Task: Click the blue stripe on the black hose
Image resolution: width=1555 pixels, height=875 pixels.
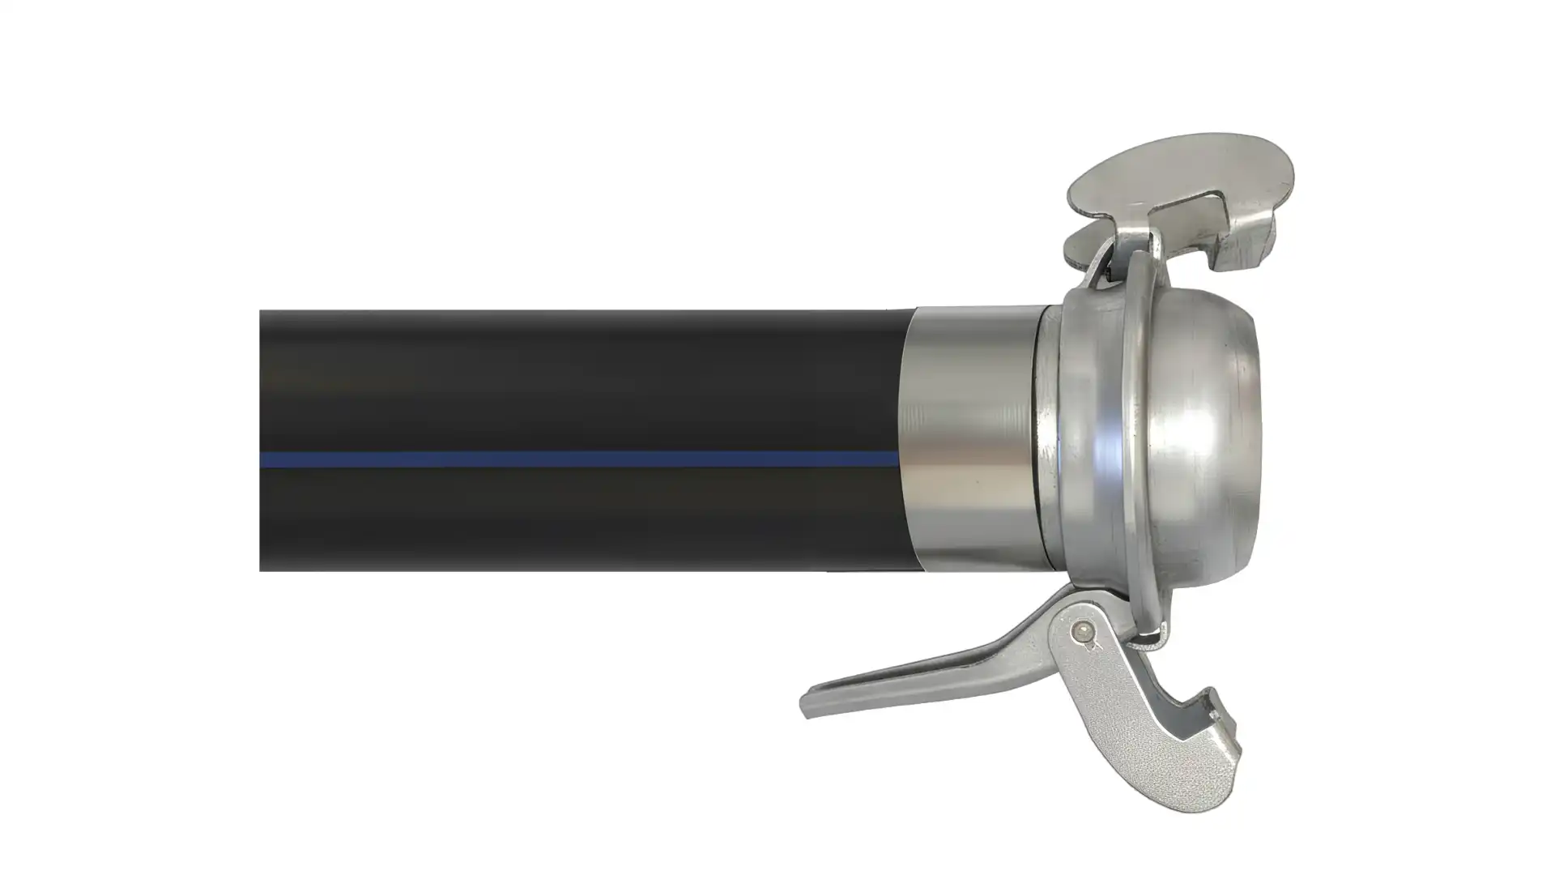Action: [567, 459]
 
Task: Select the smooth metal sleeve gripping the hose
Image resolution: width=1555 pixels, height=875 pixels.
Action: [972, 437]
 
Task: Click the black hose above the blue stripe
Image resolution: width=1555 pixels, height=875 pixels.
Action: [567, 373]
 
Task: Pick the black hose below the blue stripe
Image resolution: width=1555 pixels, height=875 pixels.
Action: [567, 519]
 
